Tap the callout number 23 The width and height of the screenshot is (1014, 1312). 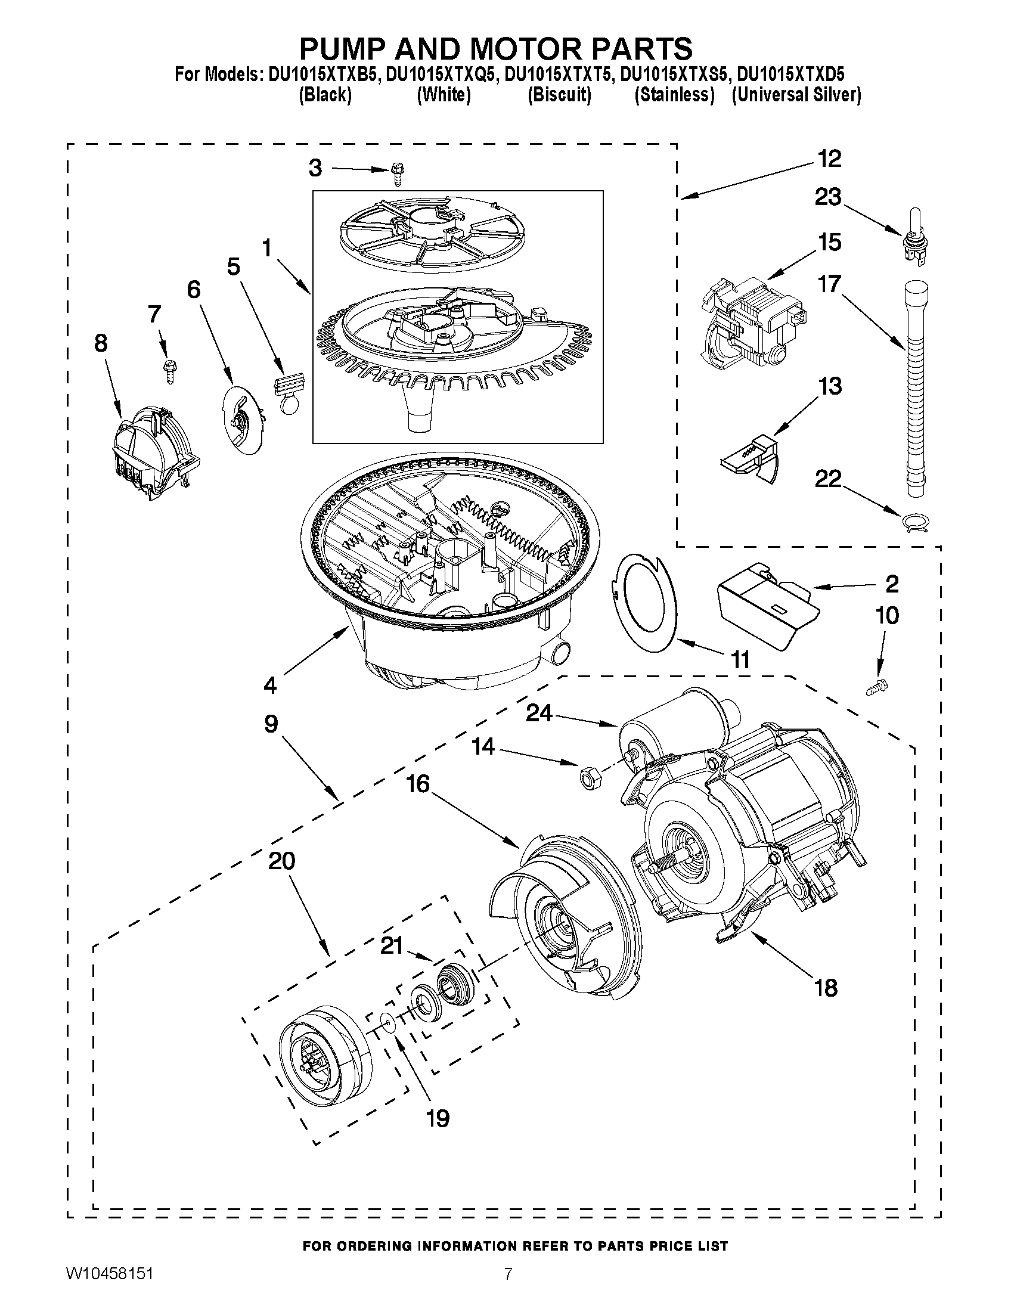(x=827, y=197)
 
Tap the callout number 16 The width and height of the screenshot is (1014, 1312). (x=418, y=783)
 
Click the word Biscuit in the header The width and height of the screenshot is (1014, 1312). (x=559, y=95)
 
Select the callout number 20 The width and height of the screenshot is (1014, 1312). (x=281, y=861)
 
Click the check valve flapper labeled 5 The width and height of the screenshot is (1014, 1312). (x=289, y=393)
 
